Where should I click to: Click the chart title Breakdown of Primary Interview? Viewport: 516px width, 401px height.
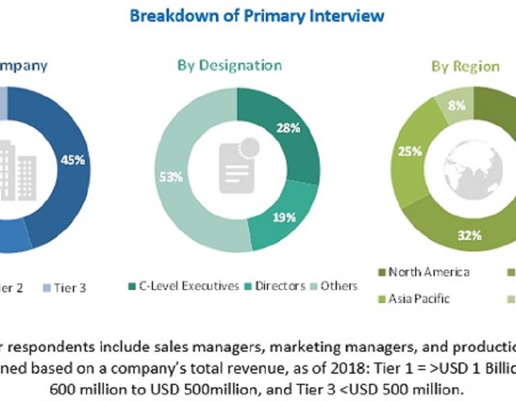pyautogui.click(x=257, y=15)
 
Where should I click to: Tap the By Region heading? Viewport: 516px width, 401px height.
pyautogui.click(x=465, y=67)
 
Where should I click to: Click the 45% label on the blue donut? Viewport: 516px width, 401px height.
pyautogui.click(x=73, y=159)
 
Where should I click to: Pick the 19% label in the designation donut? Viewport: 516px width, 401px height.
pyautogui.click(x=284, y=217)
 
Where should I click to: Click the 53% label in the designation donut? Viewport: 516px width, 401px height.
pyautogui.click(x=172, y=176)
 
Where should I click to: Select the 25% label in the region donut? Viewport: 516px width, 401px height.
pyautogui.click(x=410, y=151)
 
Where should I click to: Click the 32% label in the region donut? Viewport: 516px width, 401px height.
pyautogui.click(x=469, y=236)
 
